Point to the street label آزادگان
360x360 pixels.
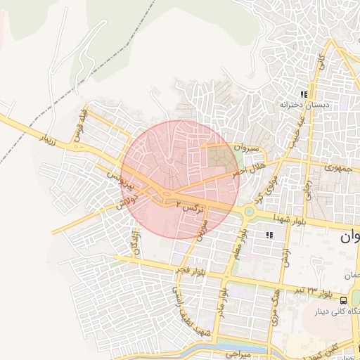point(134,241)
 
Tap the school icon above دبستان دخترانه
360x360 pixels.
point(304,94)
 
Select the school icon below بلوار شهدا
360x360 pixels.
point(269,235)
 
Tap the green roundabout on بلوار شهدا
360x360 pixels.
point(249,211)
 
